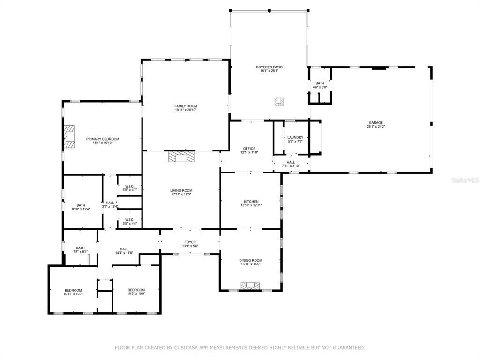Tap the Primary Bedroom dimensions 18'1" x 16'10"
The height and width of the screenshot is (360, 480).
click(x=102, y=143)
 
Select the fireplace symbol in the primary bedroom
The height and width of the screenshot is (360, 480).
click(x=69, y=137)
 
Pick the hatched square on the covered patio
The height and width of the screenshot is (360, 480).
click(x=279, y=101)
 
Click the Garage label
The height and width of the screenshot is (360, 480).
click(x=375, y=123)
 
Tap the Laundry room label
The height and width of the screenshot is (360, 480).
click(x=295, y=137)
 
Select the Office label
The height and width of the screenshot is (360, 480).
click(x=249, y=149)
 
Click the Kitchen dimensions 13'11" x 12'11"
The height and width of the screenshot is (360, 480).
click(x=250, y=205)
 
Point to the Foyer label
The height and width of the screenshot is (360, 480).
click(x=190, y=242)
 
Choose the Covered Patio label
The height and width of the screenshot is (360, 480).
click(x=269, y=67)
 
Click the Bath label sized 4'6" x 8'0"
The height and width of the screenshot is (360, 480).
click(x=320, y=83)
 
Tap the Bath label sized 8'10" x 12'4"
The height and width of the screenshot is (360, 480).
click(x=81, y=205)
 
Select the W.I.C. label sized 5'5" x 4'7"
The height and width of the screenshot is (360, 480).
click(x=130, y=186)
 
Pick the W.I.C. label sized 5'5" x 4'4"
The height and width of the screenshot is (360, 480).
click(x=130, y=219)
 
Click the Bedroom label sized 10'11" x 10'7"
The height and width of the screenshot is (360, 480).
click(x=73, y=290)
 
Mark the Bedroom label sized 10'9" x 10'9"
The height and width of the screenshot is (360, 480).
click(x=136, y=290)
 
